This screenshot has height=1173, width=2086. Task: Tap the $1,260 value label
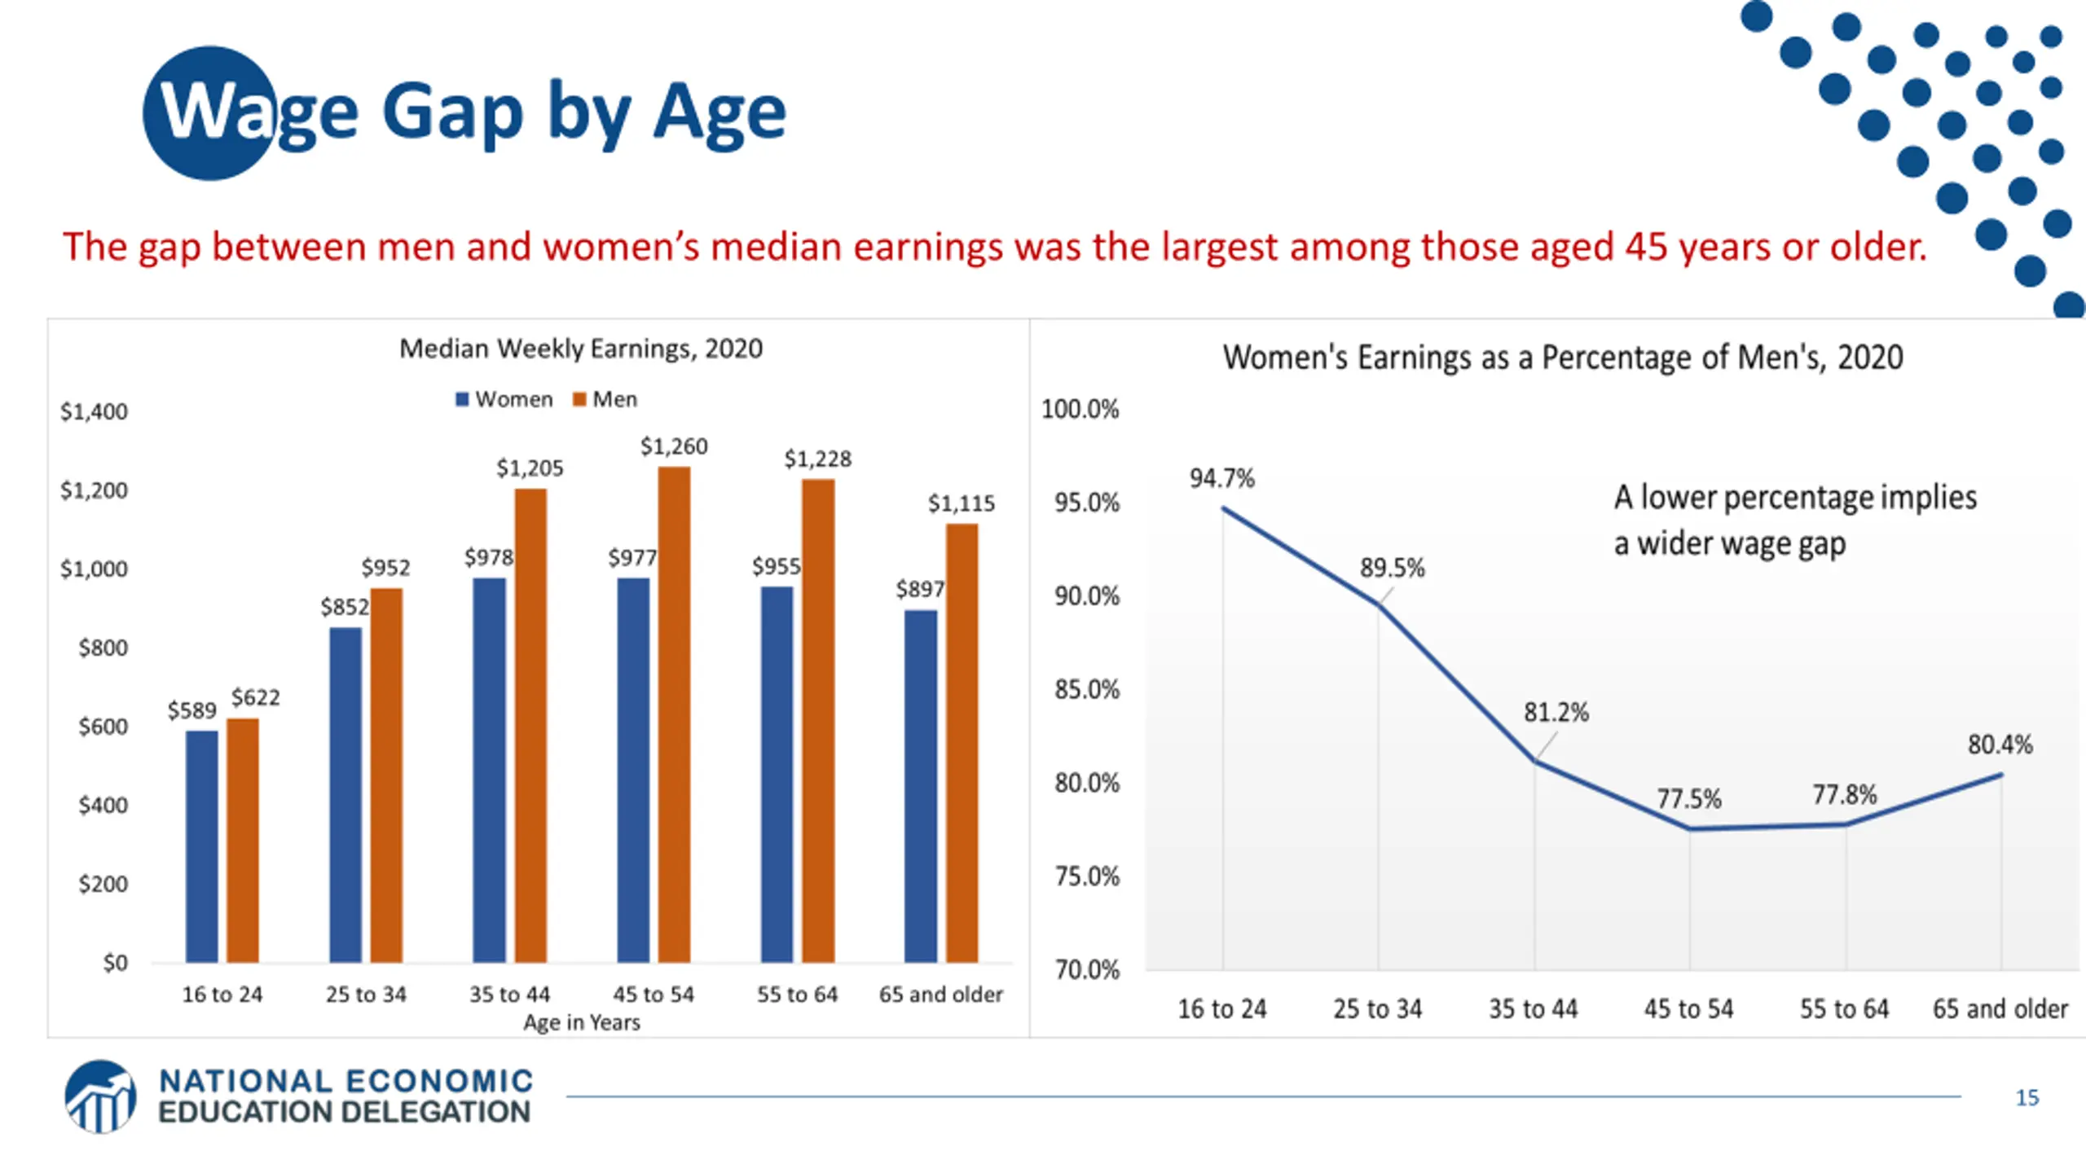[674, 446]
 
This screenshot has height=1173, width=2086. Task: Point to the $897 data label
[919, 589]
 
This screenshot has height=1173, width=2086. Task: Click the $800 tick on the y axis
[103, 648]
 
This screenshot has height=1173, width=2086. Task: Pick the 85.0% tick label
[1087, 690]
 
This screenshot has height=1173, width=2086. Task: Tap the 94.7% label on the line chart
[1221, 478]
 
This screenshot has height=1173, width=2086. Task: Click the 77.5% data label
[1688, 798]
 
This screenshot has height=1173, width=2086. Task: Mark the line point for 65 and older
[2001, 775]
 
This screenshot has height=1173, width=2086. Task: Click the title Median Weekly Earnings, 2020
[580, 349]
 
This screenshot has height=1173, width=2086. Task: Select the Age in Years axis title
[581, 1022]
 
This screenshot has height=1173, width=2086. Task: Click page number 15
[2027, 1097]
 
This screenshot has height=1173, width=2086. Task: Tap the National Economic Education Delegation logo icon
[100, 1096]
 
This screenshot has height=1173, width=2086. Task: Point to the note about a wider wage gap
[1794, 520]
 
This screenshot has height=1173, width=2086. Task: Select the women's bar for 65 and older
[921, 786]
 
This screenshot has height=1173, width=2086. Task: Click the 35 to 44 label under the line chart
[1533, 1008]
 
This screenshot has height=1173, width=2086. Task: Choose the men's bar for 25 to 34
[386, 775]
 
